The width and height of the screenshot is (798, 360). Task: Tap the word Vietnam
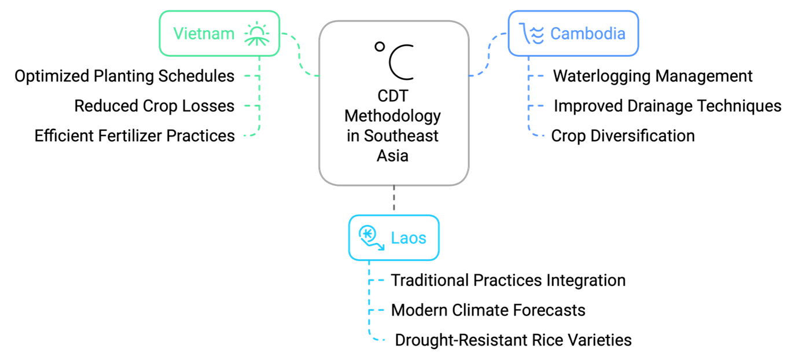click(204, 34)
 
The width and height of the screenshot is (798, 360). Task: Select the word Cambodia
click(588, 34)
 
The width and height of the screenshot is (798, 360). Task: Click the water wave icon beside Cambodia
click(532, 34)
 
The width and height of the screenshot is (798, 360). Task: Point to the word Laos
click(409, 238)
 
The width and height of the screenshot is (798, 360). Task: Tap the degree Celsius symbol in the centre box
click(394, 61)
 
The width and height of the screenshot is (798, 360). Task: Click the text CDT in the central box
click(393, 96)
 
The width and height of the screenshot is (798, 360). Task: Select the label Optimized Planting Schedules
click(124, 76)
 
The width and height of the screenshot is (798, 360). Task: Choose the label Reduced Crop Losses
click(155, 106)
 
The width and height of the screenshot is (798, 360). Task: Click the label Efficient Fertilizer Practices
click(135, 136)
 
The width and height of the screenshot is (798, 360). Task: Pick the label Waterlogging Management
click(653, 76)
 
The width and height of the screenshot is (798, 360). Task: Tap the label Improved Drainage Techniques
click(668, 106)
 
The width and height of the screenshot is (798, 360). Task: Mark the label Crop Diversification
click(623, 136)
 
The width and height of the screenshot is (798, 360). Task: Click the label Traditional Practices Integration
click(508, 280)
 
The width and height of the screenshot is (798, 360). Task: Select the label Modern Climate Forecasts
click(488, 310)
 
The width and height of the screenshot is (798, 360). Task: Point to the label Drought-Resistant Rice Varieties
click(513, 340)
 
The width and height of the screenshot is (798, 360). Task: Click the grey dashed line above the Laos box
click(394, 198)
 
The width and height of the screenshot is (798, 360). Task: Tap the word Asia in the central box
click(392, 156)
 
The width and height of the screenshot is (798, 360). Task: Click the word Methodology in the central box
click(392, 116)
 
